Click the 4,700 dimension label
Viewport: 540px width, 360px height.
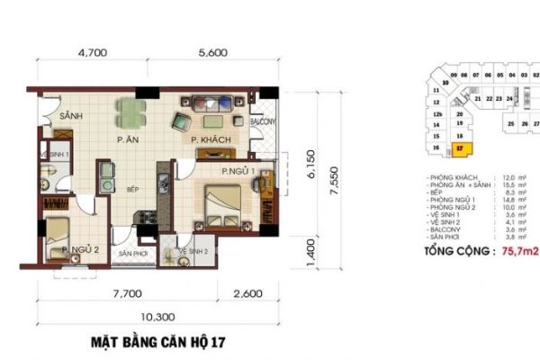click(93, 53)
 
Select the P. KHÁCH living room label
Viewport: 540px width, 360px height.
click(212, 140)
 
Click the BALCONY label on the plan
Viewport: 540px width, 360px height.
click(262, 118)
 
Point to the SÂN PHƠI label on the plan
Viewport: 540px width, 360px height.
click(133, 255)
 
